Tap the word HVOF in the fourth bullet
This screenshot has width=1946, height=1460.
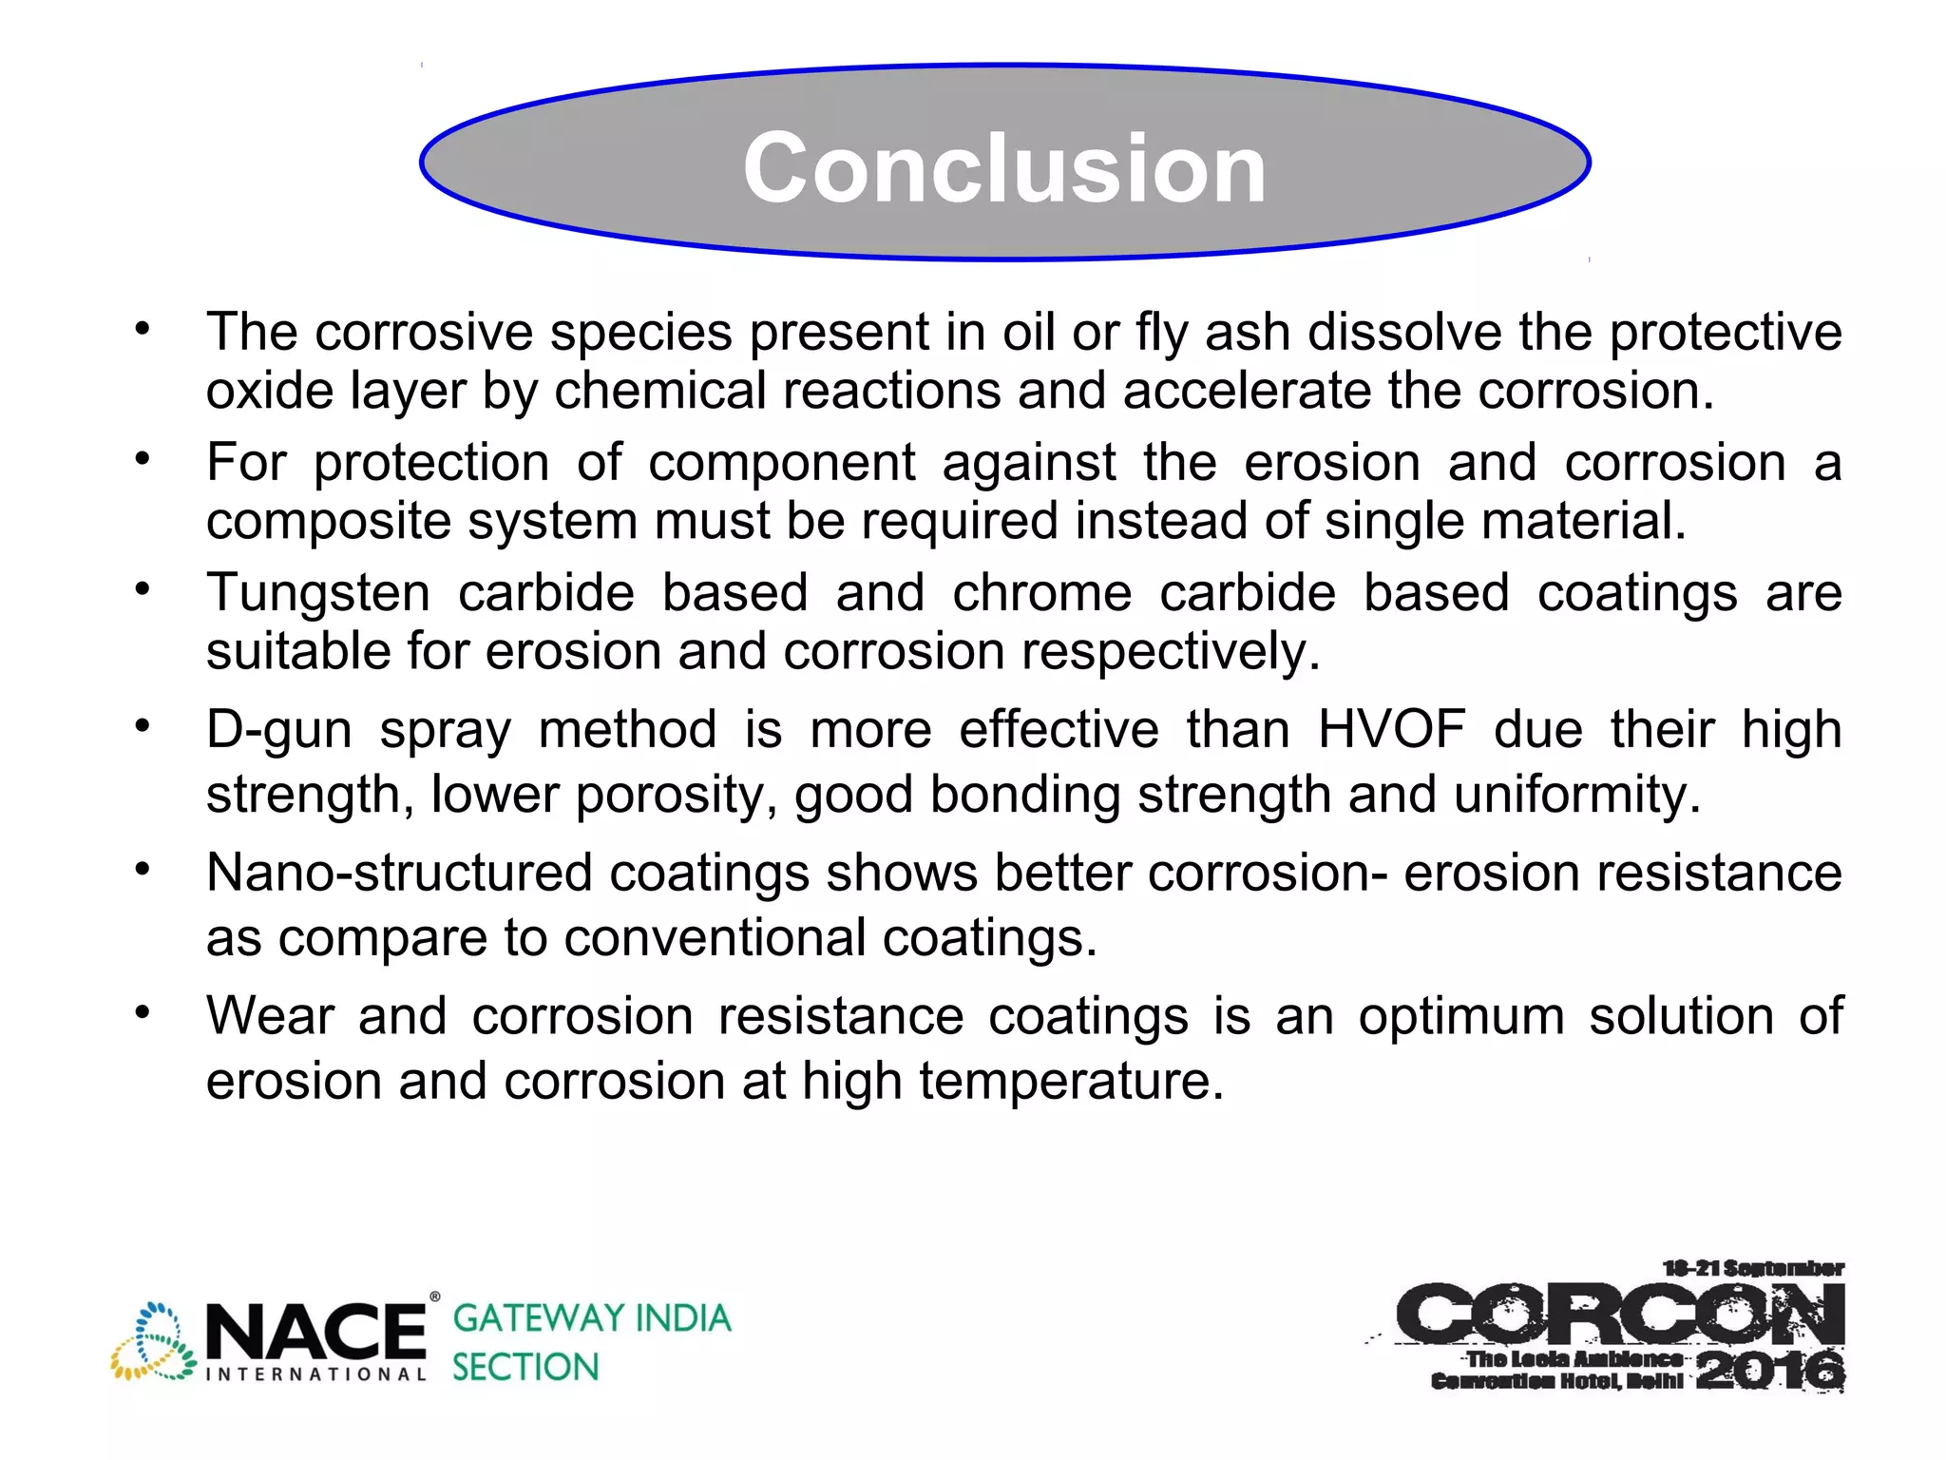point(1391,730)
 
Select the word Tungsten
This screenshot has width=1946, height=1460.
point(318,593)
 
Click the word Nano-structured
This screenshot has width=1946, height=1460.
point(399,873)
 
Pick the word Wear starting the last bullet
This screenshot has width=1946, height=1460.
point(270,1015)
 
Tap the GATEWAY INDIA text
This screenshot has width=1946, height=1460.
point(592,1318)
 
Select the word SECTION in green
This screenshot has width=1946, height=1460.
point(525,1367)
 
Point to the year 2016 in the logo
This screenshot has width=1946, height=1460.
point(1769,1371)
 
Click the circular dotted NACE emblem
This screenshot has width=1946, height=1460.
point(154,1341)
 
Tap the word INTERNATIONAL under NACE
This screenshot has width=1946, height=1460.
point(315,1374)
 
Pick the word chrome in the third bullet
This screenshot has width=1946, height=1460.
point(1041,593)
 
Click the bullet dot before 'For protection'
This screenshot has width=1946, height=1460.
point(142,459)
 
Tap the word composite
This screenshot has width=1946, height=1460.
point(329,521)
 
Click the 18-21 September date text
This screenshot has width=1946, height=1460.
point(1752,1268)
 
